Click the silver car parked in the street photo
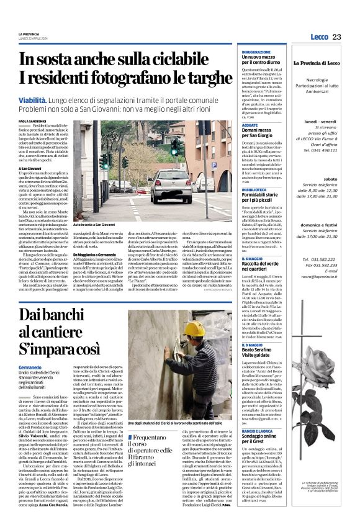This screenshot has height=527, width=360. [x=170, y=184]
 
